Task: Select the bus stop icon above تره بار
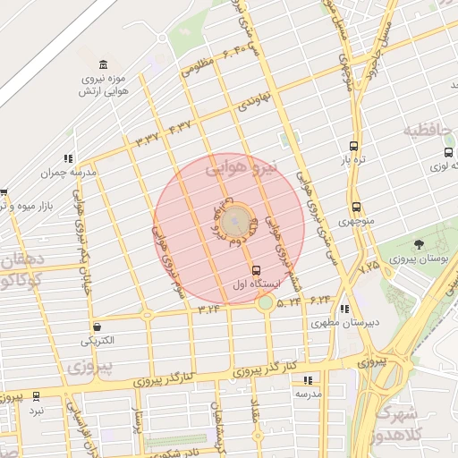[355, 145]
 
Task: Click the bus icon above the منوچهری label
[356, 207]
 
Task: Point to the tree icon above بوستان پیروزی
[419, 243]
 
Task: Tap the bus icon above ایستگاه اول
[257, 269]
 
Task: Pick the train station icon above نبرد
[36, 395]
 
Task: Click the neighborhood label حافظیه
[425, 131]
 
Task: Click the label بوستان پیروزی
[419, 259]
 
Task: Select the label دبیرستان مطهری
[352, 321]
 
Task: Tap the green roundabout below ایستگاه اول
[266, 303]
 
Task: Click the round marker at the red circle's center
[235, 218]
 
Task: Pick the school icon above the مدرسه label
[309, 379]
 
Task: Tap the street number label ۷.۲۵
[369, 266]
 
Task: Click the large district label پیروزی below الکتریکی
[90, 367]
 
